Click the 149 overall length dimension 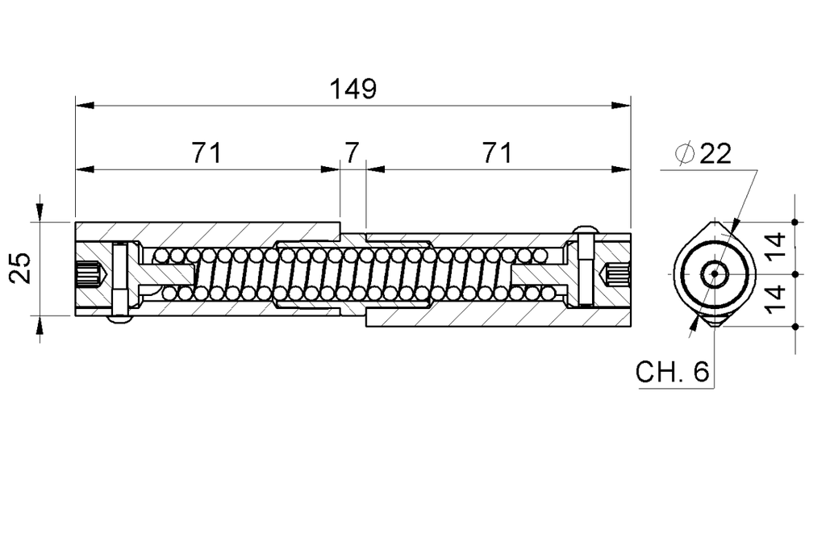coord(353,89)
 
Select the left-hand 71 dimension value coord(206,152)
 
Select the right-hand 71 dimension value coord(496,152)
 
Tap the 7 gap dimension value coord(352,152)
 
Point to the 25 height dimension coord(22,268)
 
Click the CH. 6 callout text coord(672,372)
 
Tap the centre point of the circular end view coord(714,274)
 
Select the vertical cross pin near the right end coord(586,270)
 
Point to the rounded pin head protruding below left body coord(119,320)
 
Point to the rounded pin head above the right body coord(586,229)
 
